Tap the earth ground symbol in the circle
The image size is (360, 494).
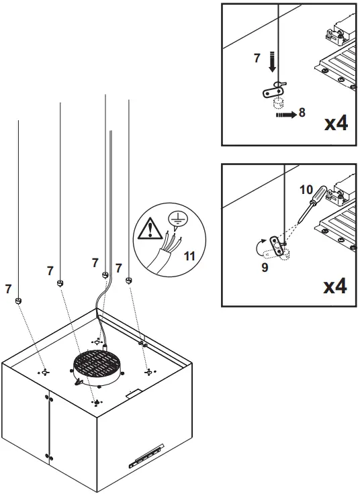click(177, 219)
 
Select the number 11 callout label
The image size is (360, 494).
click(189, 256)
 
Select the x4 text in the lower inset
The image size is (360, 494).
click(335, 287)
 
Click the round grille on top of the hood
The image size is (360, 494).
click(99, 366)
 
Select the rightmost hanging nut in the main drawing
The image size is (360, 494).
click(129, 280)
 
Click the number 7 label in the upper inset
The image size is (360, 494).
click(257, 59)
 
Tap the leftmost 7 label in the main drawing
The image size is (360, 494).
click(7, 289)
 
